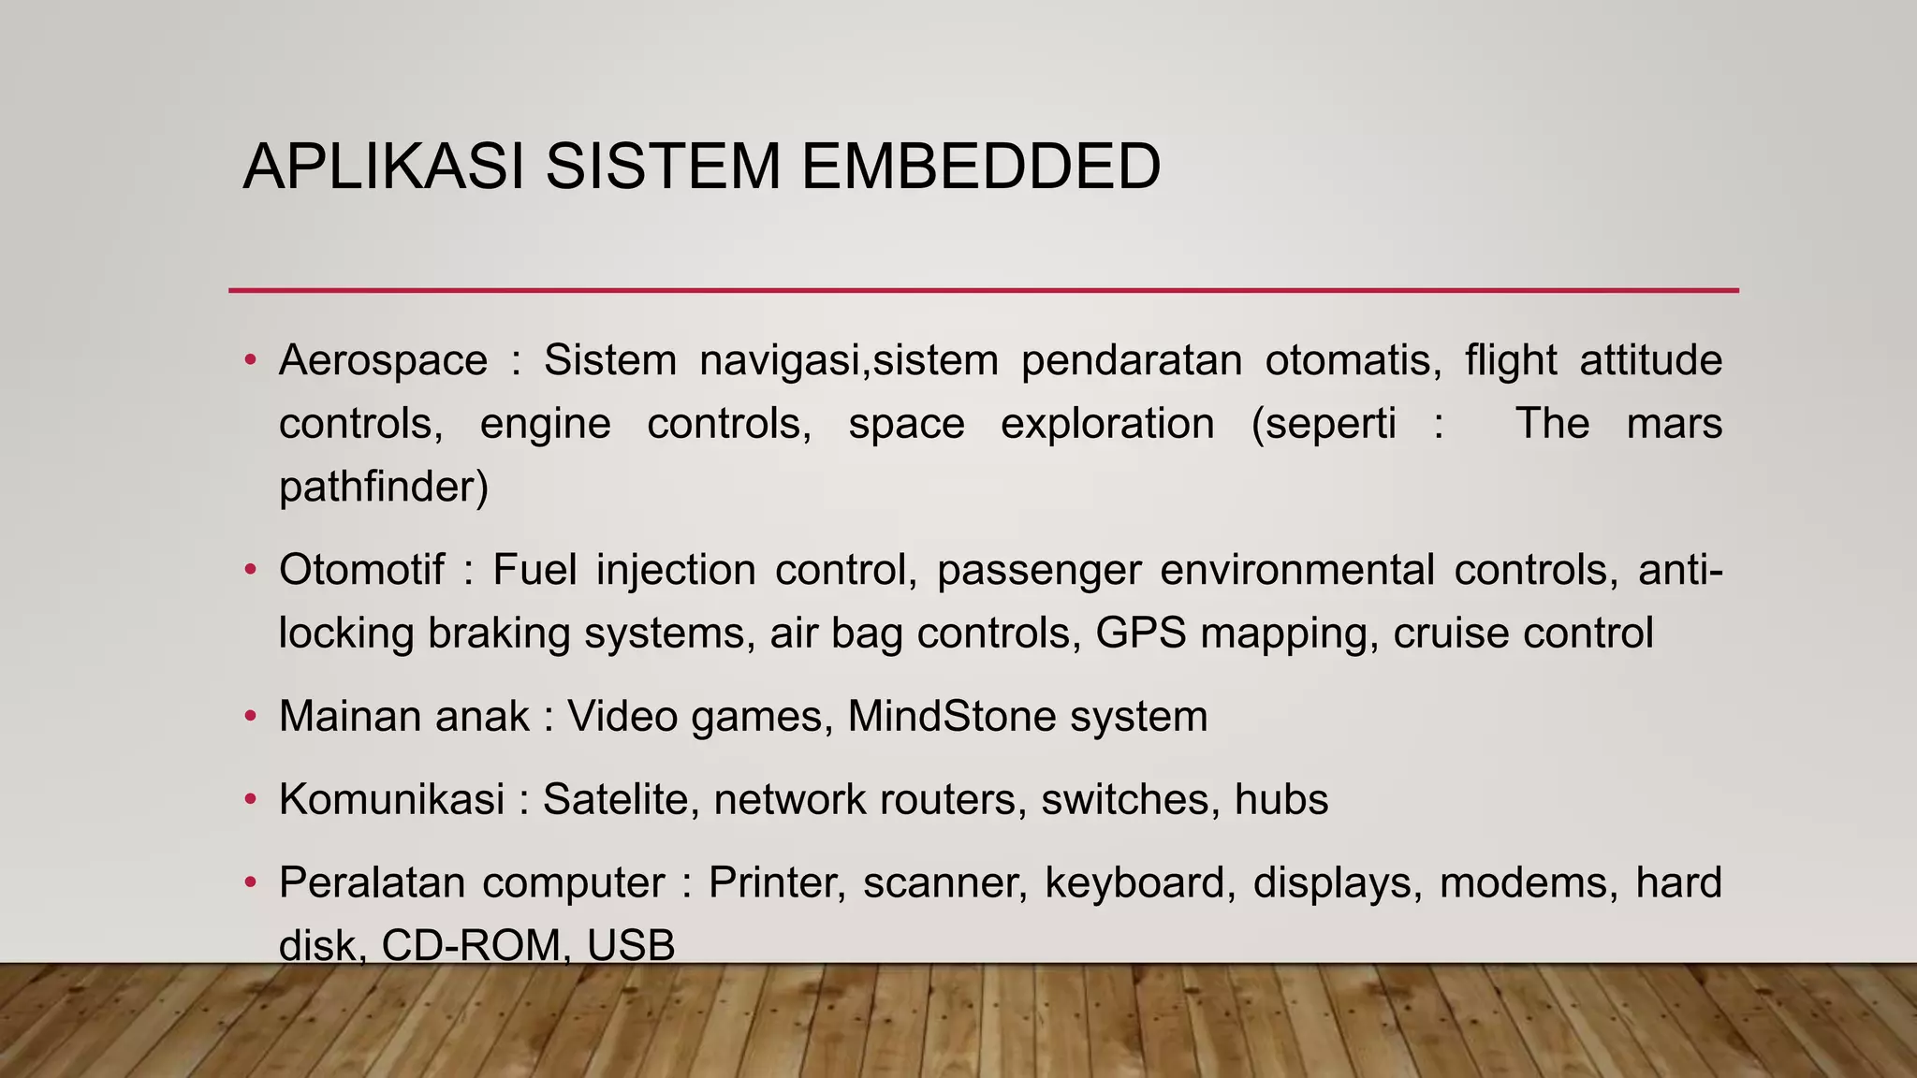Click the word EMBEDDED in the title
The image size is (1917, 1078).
point(980,167)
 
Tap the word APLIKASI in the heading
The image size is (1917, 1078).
point(383,167)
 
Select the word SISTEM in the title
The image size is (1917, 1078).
point(663,167)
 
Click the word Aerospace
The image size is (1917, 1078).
point(383,361)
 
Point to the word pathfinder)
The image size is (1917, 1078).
point(384,488)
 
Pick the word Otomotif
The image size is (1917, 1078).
point(361,570)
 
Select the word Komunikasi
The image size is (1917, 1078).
point(391,800)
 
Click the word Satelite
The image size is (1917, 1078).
point(614,800)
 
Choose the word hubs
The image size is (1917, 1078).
point(1280,800)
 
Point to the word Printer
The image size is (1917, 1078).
point(777,883)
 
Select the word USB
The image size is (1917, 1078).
point(631,945)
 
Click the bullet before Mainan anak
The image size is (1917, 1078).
point(250,717)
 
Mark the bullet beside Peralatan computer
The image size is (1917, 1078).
point(250,883)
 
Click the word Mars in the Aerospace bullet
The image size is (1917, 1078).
point(1674,425)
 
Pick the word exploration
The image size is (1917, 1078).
point(1107,425)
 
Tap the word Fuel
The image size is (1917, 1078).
point(534,570)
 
